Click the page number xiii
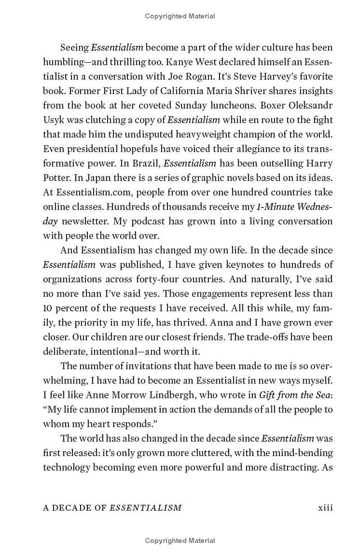coord(325,507)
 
